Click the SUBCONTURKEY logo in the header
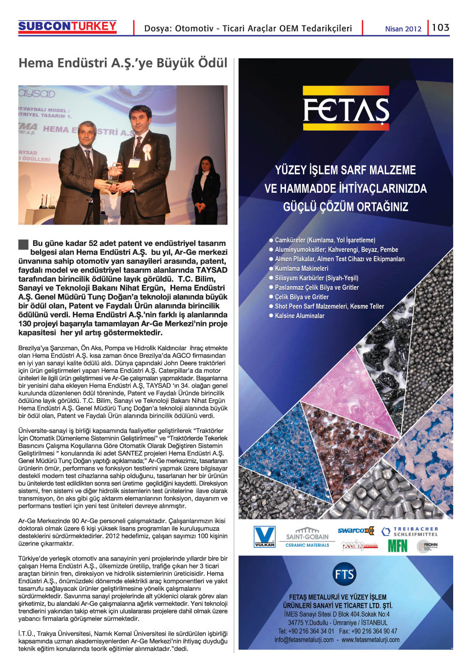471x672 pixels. tap(67, 27)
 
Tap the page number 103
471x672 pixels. tap(440, 28)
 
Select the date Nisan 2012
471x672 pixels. tap(403, 29)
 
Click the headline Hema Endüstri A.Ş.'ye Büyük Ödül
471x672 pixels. tap(123, 63)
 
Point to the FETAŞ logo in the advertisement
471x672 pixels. tap(346, 108)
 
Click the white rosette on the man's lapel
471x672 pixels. tap(147, 152)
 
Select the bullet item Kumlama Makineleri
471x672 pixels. tap(301, 269)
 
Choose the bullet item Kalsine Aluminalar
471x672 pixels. tap(300, 316)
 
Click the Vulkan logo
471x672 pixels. tap(264, 537)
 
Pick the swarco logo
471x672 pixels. tap(356, 530)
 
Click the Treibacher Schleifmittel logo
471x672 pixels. tap(410, 531)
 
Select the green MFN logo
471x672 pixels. tap(398, 545)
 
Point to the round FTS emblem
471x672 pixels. tap(344, 574)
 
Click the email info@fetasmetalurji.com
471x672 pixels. tap(304, 640)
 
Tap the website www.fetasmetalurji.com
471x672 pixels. tap(370, 640)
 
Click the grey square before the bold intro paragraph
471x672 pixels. tap(23, 244)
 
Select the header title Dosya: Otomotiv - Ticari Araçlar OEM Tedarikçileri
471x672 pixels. tap(248, 28)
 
